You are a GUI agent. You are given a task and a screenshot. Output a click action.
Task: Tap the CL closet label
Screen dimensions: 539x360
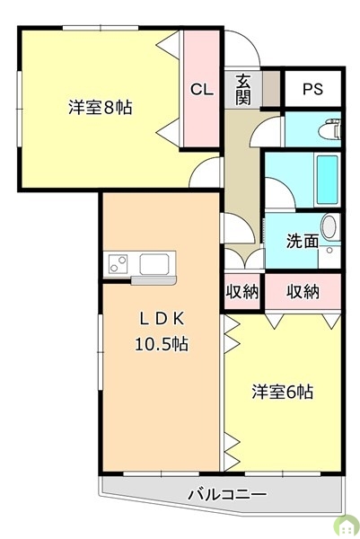(x=201, y=89)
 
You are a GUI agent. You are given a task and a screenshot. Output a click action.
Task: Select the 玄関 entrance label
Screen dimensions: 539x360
(x=243, y=90)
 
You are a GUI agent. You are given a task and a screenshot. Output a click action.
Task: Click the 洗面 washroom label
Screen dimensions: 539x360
(x=301, y=241)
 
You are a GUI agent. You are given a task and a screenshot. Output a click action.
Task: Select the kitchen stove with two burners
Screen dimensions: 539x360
(x=119, y=263)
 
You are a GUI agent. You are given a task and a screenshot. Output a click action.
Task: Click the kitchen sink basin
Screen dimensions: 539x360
(x=153, y=263)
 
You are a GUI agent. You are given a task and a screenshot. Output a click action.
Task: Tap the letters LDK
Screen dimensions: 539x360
(x=161, y=317)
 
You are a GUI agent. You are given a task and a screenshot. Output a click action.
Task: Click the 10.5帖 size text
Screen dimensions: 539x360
(x=161, y=343)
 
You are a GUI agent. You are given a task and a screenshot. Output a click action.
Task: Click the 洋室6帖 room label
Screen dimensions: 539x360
(x=282, y=392)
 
